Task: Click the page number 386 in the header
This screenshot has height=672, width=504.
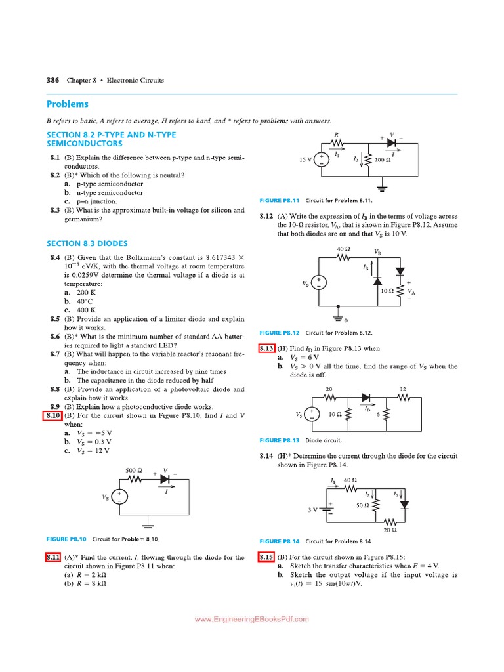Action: pos(52,80)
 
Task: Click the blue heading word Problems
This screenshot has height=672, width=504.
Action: pos(68,104)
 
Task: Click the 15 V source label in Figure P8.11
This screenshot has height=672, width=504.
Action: pos(305,159)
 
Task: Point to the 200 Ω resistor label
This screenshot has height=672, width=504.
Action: pos(384,159)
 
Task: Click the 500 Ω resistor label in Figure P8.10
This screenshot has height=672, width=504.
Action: pos(134,470)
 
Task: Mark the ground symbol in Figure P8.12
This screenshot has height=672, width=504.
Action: pos(339,318)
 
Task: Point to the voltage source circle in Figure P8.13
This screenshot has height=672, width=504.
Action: pos(314,414)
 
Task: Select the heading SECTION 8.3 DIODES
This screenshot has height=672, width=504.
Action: pos(87,243)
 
